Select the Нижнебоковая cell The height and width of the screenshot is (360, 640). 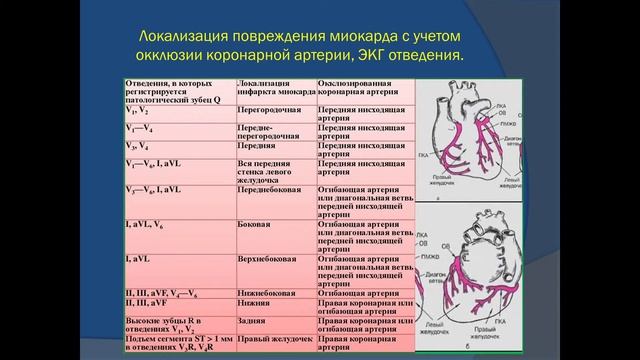point(265,294)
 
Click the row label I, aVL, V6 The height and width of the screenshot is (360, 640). point(146,225)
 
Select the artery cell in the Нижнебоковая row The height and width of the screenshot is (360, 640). point(364,294)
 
